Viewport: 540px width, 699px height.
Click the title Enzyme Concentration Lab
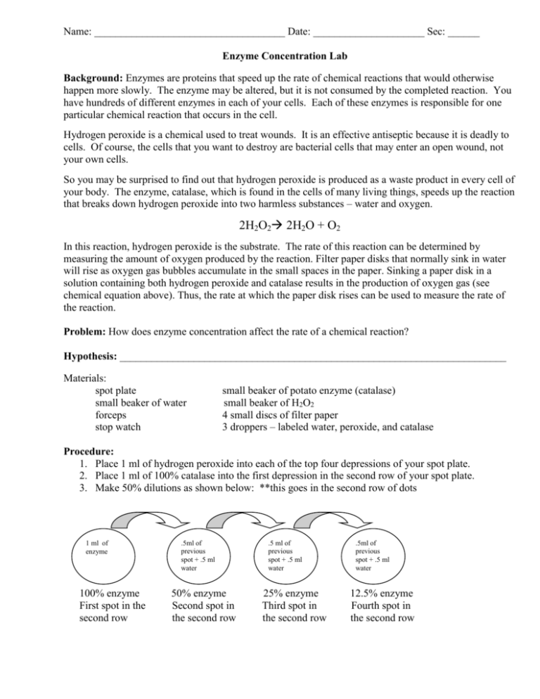pos(270,54)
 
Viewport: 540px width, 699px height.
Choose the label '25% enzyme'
pos(290,593)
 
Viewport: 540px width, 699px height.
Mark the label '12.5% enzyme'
pos(380,593)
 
